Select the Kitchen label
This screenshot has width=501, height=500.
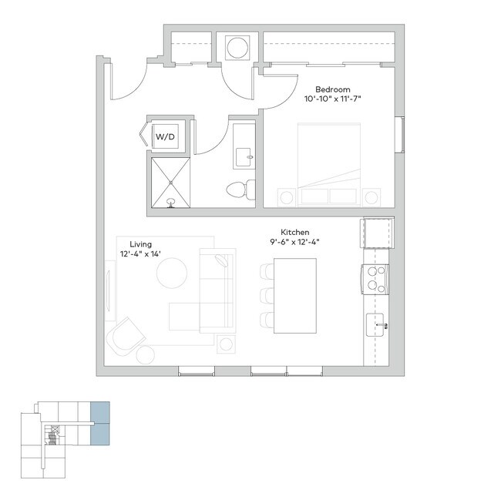point(294,232)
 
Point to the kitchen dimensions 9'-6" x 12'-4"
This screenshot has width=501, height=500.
point(294,242)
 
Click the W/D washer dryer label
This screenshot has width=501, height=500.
point(165,136)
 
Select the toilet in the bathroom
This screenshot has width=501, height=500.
point(239,188)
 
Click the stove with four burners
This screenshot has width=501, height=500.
point(375,278)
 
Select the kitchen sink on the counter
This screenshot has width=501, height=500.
point(378,325)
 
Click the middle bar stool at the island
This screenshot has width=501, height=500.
point(267,296)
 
